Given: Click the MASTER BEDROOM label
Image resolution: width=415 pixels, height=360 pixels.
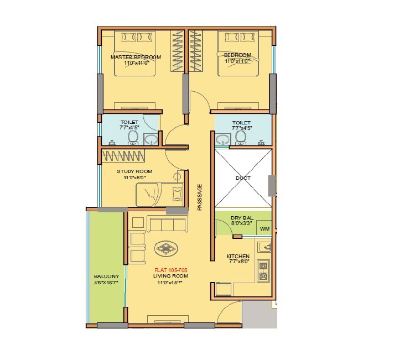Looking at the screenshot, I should point(136,57).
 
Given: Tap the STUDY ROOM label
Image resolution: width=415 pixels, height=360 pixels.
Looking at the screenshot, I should point(134,171).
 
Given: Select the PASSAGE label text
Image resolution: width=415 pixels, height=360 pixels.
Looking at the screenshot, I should point(200,197).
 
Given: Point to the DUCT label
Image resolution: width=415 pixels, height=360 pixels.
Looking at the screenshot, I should point(242,178).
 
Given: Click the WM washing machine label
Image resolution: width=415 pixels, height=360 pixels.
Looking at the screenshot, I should point(264,228).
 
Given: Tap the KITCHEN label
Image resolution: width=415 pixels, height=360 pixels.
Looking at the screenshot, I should point(238,257).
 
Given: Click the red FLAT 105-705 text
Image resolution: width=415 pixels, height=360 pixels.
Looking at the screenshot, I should point(171,270).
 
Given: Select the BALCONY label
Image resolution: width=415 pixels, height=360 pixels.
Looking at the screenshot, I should point(106,276).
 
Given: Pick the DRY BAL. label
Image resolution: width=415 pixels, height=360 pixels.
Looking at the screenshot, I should point(242,218).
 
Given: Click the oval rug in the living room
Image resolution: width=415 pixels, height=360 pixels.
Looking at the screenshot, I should point(166,248).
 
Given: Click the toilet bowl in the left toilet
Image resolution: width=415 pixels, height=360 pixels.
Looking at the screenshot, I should point(133,137).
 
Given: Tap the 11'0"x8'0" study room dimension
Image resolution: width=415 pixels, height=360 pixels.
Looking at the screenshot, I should point(134,178).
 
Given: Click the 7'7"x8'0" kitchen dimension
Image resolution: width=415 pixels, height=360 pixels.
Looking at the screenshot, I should point(238,263).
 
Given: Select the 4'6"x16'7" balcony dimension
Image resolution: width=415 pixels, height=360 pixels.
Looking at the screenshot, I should point(106,283).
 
